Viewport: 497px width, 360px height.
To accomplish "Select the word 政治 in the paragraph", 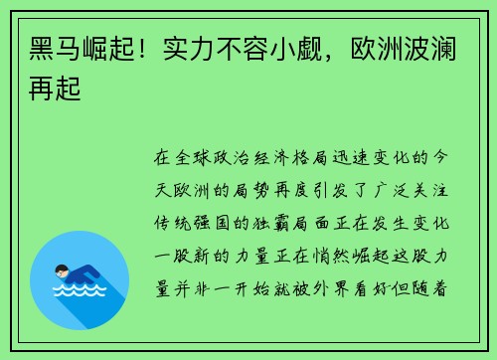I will pyautogui.click(x=244, y=158).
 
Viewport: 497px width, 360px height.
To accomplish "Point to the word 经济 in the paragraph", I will pyautogui.click(x=289, y=158).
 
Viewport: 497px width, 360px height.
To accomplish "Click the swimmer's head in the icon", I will pyautogui.click(x=62, y=270).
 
